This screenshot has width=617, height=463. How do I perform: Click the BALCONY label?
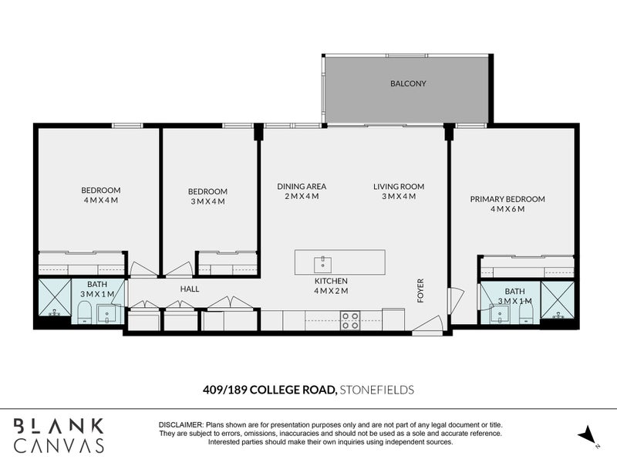pyautogui.click(x=408, y=83)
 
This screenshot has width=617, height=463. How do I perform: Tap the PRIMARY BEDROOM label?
pyautogui.click(x=507, y=199)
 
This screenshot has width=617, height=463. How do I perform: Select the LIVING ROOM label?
pyautogui.click(x=399, y=186)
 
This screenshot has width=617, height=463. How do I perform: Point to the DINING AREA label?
pyautogui.click(x=302, y=186)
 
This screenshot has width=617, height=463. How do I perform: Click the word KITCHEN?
pyautogui.click(x=331, y=281)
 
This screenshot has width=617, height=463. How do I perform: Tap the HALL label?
pyautogui.click(x=190, y=289)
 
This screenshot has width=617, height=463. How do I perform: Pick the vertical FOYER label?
pyautogui.click(x=421, y=291)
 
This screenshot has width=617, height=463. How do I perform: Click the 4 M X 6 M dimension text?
pyautogui.click(x=507, y=209)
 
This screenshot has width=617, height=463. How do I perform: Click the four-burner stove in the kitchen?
pyautogui.click(x=350, y=319)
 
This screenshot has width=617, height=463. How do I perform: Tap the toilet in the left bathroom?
pyautogui.click(x=85, y=311)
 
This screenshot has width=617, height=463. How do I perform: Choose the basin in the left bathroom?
pyautogui.click(x=106, y=313)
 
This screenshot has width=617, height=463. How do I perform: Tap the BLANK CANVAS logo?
pyautogui.click(x=59, y=434)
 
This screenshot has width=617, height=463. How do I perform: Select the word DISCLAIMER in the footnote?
pyautogui.click(x=180, y=425)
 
